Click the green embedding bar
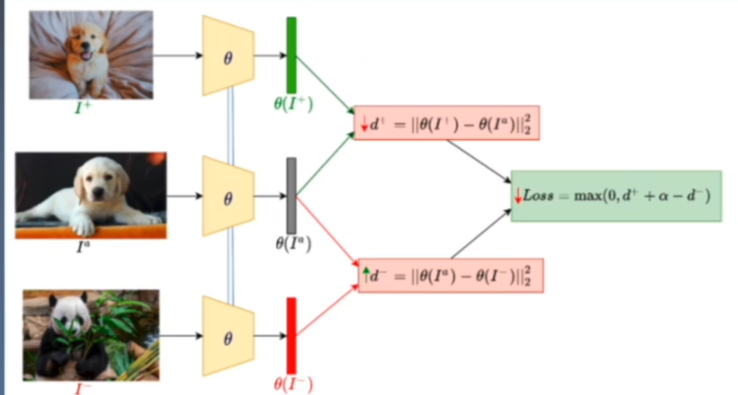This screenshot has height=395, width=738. [292, 55]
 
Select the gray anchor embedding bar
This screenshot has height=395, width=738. [292, 195]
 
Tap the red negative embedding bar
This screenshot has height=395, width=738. [292, 335]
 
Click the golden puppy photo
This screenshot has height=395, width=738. [91, 55]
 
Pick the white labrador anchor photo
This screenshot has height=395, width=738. [91, 195]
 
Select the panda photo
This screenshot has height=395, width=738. [91, 335]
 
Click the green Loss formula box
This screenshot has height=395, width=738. [616, 196]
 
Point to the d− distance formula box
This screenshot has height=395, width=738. [450, 275]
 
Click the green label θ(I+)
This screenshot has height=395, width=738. [293, 104]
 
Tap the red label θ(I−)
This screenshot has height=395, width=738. [293, 384]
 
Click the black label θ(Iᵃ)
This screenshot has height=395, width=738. [293, 244]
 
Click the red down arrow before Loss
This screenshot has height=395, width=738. [519, 195]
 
